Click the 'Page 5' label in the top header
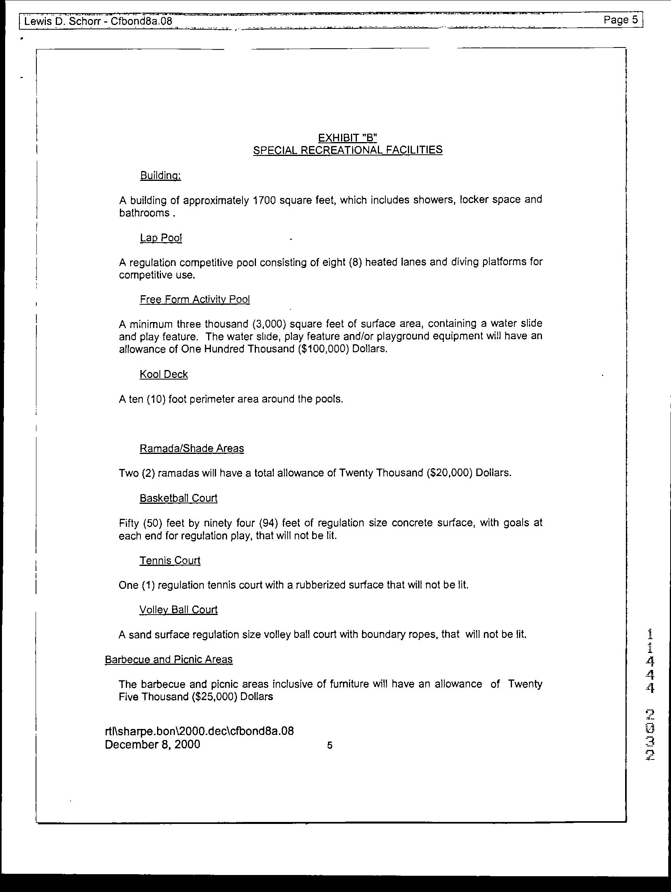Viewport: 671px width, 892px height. pyautogui.click(x=621, y=20)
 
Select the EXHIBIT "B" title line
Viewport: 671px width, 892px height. pyautogui.click(x=347, y=138)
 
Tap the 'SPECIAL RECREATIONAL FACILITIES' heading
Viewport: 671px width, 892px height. pyautogui.click(x=347, y=150)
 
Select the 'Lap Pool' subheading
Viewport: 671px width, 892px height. pyautogui.click(x=161, y=238)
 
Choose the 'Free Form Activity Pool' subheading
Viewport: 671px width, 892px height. pyautogui.click(x=195, y=299)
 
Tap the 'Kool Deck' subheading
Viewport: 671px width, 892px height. pyautogui.click(x=164, y=374)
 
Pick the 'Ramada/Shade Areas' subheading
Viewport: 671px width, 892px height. pyautogui.click(x=191, y=448)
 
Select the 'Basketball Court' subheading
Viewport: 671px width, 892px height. pyautogui.click(x=178, y=498)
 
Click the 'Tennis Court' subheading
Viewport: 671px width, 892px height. pyautogui.click(x=170, y=560)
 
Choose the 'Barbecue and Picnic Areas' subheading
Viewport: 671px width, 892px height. pyautogui.click(x=169, y=659)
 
